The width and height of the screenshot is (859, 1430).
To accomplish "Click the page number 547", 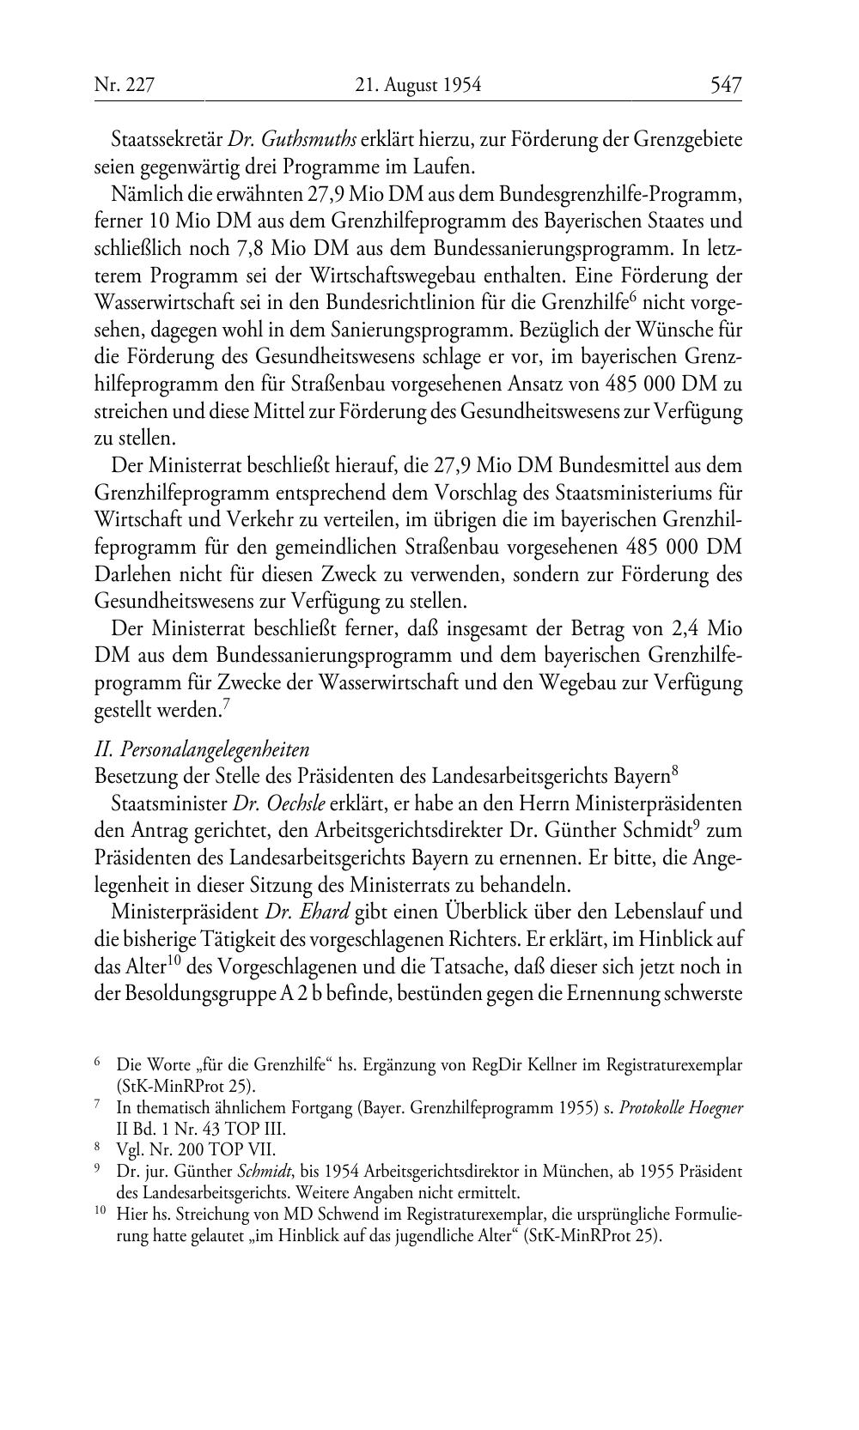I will [x=725, y=84].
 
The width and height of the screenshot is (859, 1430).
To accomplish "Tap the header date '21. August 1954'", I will [x=418, y=84].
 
